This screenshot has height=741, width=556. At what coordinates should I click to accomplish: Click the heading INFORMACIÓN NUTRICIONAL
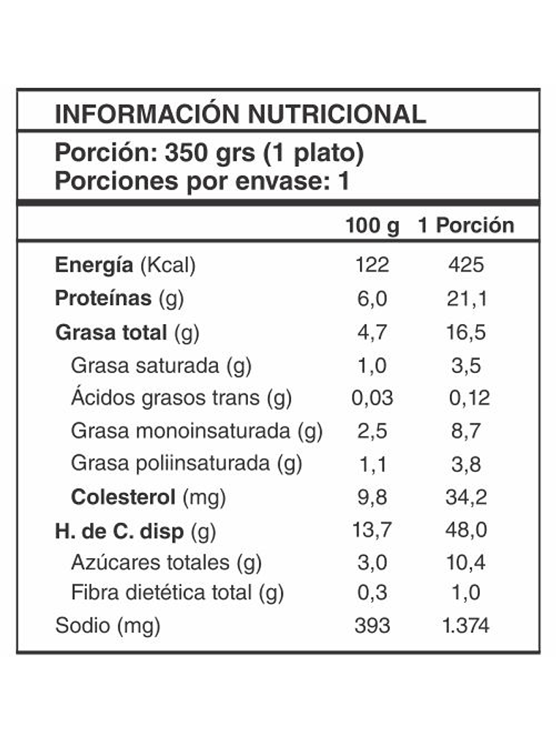[240, 114]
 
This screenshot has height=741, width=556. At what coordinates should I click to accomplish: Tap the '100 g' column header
[372, 225]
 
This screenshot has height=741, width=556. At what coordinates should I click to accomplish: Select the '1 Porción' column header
[466, 225]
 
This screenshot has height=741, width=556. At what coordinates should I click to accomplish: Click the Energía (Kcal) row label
[125, 266]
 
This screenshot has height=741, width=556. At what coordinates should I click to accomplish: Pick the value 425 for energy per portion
[466, 266]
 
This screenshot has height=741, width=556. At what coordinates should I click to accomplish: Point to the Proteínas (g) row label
[119, 298]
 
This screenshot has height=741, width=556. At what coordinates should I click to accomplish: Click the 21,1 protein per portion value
[466, 298]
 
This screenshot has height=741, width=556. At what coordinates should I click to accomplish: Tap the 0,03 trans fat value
[372, 398]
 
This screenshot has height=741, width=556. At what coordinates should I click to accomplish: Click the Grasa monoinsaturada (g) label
[197, 432]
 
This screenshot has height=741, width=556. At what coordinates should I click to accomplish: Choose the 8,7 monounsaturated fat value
[466, 432]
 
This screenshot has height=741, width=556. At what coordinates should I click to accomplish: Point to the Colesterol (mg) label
[149, 497]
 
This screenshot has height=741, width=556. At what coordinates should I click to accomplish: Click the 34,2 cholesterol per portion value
[466, 497]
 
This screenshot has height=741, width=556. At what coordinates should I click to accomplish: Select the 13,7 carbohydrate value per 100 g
[372, 530]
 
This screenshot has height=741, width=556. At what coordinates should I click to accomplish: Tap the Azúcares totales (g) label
[167, 563]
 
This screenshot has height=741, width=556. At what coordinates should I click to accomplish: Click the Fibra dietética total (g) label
[178, 593]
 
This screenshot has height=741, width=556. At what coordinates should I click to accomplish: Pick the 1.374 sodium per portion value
[466, 626]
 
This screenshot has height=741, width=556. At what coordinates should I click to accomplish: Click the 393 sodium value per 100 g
[372, 626]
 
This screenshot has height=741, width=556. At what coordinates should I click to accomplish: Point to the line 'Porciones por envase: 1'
[202, 181]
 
